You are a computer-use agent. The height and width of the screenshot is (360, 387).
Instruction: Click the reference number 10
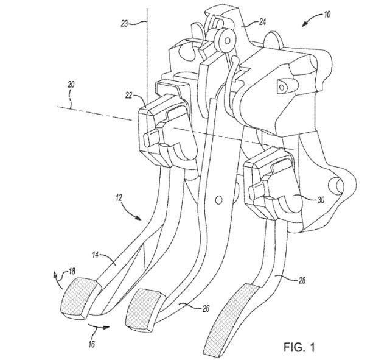coord(326,15)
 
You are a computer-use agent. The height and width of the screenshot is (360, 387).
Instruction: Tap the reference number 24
coord(263,22)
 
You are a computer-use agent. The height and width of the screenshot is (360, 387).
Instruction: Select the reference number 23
coord(124,24)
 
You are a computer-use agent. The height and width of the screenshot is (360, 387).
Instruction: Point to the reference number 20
coord(71,85)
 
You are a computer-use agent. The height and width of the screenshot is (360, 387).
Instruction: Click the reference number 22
coord(129,96)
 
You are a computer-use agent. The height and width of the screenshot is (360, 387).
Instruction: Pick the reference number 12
coord(119,198)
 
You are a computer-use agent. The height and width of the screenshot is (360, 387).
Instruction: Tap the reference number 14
coord(96,255)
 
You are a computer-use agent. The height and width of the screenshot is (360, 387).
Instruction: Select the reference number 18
coord(72,271)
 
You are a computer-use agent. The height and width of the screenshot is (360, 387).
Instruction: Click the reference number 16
coord(91,344)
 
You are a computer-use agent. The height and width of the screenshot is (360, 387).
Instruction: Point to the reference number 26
coord(206,308)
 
